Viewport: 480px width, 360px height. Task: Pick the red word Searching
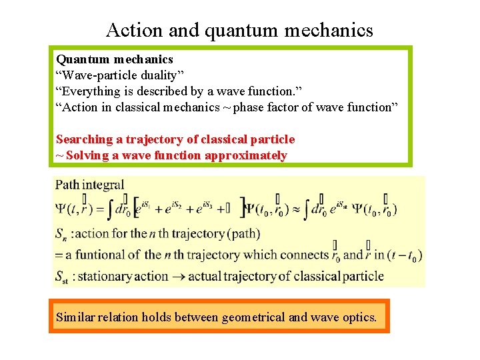[85, 139]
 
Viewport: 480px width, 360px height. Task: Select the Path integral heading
[90, 185]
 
